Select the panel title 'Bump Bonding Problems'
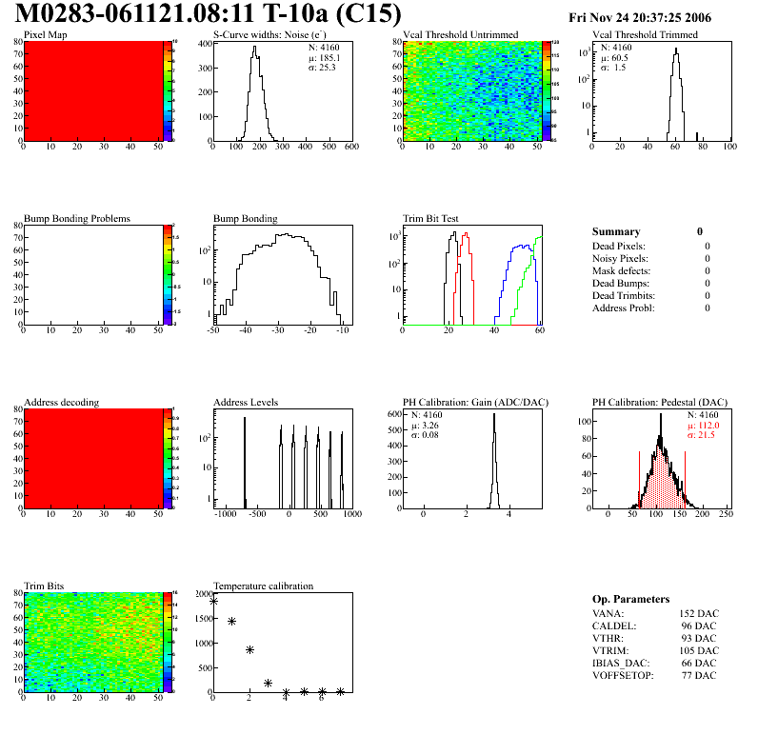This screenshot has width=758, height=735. (77, 218)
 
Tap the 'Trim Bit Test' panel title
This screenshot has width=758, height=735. (431, 218)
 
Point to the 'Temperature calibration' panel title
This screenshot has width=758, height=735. (263, 586)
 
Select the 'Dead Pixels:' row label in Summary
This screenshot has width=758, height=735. (619, 246)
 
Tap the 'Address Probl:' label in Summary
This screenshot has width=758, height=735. (624, 308)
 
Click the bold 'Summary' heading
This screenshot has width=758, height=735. (616, 231)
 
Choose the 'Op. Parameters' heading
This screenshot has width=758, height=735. (631, 599)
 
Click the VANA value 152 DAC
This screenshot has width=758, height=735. (699, 613)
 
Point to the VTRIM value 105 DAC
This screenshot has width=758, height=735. (699, 650)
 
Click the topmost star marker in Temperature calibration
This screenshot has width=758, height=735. (213, 601)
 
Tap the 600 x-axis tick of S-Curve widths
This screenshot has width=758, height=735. (350, 147)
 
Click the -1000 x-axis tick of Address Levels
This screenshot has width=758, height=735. (225, 514)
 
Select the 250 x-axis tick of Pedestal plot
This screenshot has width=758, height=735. (725, 514)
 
